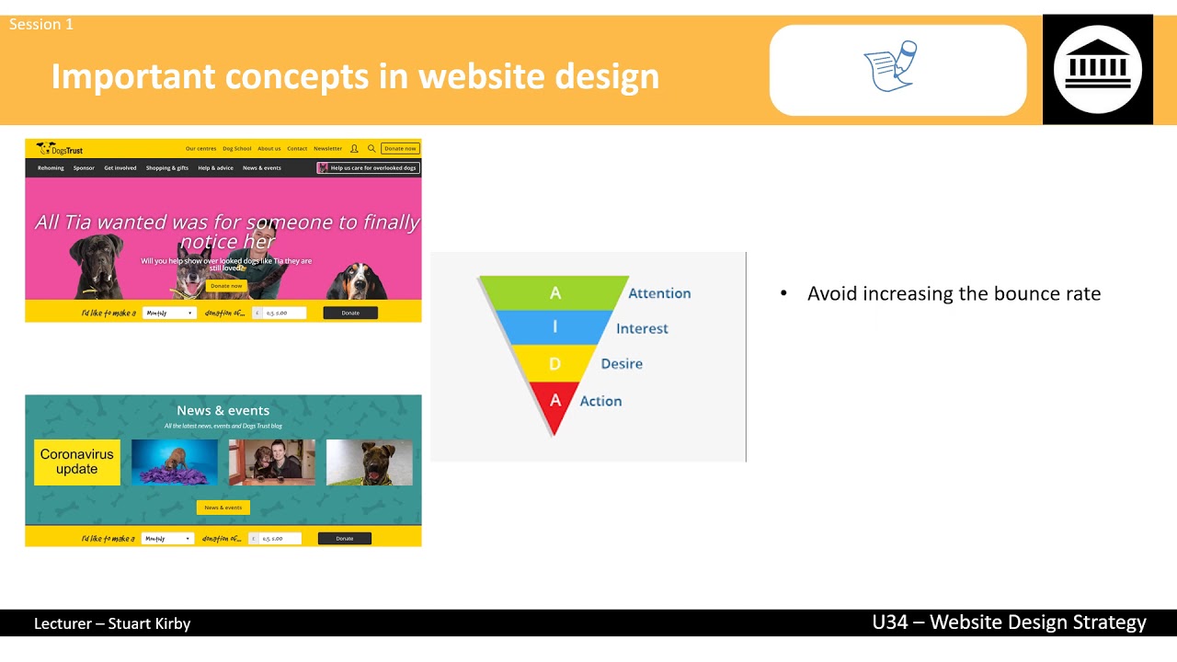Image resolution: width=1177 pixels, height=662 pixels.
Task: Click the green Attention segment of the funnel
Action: click(554, 293)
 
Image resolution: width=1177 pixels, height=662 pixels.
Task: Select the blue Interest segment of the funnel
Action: click(554, 327)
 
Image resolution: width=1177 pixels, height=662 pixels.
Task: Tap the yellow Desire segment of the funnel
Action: click(554, 363)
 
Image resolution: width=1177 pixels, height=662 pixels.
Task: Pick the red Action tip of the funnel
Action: click(554, 403)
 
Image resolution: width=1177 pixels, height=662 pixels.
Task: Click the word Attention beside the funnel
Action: click(659, 293)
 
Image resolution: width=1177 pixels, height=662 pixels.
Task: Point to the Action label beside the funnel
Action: click(600, 401)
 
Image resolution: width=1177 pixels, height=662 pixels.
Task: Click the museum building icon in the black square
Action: click(1097, 69)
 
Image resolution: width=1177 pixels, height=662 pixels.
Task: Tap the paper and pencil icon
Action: click(891, 65)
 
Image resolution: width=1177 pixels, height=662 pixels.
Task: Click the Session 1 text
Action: click(41, 24)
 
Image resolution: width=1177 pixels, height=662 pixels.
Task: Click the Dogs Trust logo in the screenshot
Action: click(60, 148)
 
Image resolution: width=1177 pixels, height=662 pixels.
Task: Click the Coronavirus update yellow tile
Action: click(77, 462)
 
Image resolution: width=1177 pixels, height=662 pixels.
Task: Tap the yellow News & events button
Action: click(223, 508)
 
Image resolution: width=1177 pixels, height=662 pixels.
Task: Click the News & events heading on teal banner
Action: click(223, 410)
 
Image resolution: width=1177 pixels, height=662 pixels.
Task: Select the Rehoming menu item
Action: click(51, 168)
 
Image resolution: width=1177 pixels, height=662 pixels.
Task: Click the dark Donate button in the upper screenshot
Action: click(350, 313)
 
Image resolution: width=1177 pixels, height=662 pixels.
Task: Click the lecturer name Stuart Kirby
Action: click(149, 623)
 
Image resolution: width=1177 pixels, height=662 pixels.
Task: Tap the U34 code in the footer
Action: click(890, 622)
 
